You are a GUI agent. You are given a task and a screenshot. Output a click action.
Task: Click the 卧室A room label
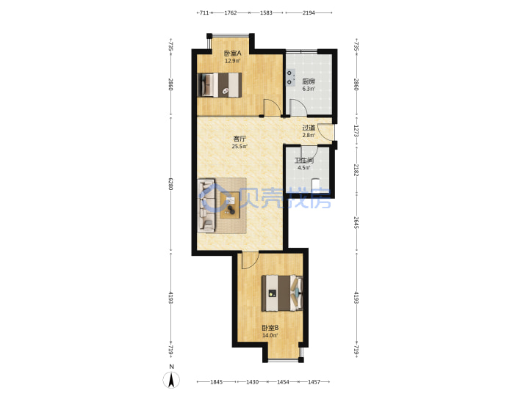coord(232,54)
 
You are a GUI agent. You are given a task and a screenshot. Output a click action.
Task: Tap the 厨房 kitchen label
coord(309,81)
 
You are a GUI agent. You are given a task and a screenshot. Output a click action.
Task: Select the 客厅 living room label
coord(240,139)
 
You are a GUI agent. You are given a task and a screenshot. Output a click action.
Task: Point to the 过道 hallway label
coord(309,128)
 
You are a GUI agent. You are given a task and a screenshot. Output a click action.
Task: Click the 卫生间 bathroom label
coord(304,161)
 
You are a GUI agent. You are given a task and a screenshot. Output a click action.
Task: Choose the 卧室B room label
coord(270,328)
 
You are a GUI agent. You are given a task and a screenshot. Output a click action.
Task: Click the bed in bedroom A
coord(220,85)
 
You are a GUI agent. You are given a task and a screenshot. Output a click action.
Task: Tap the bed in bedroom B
coord(282,293)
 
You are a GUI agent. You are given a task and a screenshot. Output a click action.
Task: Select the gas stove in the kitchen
coord(290,78)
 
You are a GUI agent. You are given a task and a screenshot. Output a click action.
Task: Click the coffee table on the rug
coord(230,205)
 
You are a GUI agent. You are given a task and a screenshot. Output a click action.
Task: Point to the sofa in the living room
coord(206,206)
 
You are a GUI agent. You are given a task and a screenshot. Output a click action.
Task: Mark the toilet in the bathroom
coord(315,186)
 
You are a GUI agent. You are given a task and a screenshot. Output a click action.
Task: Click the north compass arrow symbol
coord(171,380)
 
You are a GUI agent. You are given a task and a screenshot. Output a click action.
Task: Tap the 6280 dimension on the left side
coord(170,184)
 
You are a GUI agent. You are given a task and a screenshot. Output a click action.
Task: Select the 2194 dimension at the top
coord(309,12)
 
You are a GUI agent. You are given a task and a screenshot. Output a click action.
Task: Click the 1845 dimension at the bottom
coord(216,382)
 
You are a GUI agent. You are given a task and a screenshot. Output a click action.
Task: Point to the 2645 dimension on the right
coord(356,223)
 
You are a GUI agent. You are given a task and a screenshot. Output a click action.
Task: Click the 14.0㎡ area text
coord(270,335)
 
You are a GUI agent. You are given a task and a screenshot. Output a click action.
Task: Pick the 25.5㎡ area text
coord(240,147)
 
